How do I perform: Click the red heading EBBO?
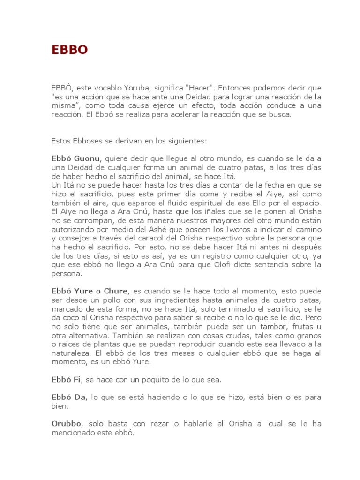pyautogui.click(x=69, y=50)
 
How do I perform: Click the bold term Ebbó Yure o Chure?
pyautogui.click(x=89, y=291)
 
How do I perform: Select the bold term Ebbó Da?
pyautogui.click(x=68, y=397)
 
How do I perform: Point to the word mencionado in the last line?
pyautogui.click(x=75, y=433)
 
